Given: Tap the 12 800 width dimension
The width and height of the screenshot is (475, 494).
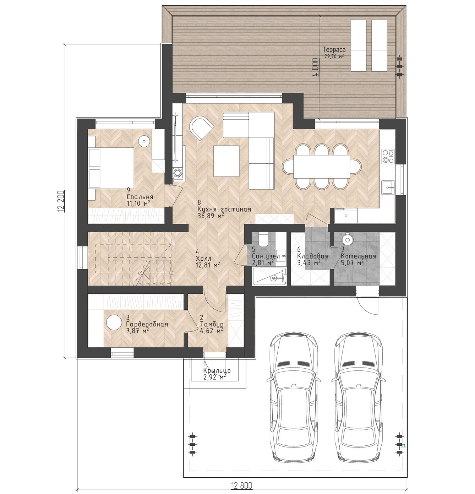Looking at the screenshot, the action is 242,486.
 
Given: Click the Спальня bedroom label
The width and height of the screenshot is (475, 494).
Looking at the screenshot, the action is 140,197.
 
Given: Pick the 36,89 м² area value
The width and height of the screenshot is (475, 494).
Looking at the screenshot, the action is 211,216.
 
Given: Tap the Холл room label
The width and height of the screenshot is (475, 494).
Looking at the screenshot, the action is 203,259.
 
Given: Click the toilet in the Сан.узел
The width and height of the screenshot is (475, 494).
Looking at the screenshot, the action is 262,239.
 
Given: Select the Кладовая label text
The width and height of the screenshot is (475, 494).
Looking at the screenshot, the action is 313,256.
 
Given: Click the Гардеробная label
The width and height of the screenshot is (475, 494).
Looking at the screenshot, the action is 147,325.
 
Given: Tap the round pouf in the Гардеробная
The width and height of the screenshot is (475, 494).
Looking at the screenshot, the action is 114,322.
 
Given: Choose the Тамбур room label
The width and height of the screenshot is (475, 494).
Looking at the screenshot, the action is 212,324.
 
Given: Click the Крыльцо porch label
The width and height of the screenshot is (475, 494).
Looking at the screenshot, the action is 217,370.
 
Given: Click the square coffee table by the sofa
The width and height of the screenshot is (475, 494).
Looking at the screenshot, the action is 226,161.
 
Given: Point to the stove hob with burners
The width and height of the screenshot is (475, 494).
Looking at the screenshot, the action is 388,156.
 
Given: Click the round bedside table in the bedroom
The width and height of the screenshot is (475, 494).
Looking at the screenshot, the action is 144,140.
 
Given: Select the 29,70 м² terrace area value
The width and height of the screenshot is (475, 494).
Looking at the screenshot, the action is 334,56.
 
